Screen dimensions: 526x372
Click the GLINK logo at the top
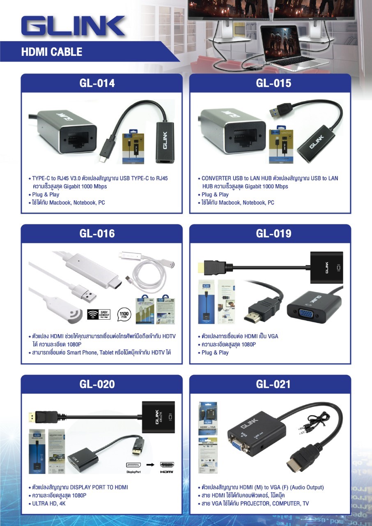point(73,27)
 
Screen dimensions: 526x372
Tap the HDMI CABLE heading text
point(52,52)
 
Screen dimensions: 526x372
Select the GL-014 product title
point(97,83)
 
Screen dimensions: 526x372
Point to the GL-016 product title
point(97,233)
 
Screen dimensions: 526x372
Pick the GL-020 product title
point(97,384)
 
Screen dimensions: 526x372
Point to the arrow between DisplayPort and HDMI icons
point(150,465)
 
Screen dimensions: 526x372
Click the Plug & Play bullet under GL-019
point(215,353)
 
